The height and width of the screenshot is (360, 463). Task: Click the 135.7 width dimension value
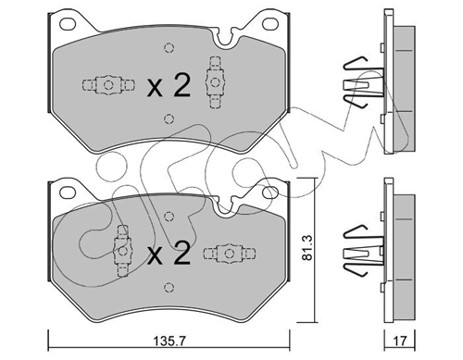[169, 341]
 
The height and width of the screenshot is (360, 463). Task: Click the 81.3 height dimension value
[307, 247]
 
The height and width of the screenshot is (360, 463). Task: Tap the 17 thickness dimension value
[400, 341]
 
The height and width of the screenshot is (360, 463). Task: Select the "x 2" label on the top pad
[169, 86]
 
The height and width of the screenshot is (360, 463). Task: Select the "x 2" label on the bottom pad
[169, 254]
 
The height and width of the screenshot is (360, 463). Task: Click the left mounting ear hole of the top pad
[68, 24]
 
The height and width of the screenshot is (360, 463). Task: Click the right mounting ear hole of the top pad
[270, 24]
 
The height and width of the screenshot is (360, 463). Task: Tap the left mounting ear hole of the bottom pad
[68, 192]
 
